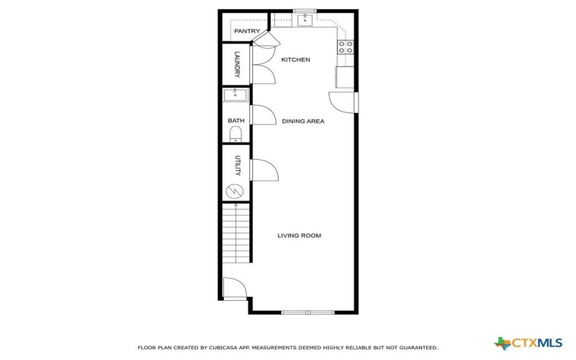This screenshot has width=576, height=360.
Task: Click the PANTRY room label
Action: point(247,31)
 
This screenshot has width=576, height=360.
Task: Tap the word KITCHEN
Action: point(295,60)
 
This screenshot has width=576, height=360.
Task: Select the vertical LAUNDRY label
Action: point(236,65)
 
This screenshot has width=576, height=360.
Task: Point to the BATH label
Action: point(236,121)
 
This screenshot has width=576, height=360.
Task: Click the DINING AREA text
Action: point(302,121)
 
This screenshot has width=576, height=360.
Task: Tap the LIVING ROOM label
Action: point(299,235)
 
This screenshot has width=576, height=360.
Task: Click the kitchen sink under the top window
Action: point(305,19)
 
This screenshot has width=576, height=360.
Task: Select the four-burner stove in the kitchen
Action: point(346,48)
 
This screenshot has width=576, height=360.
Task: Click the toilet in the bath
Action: point(235,134)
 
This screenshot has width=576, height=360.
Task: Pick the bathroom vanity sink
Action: point(235,95)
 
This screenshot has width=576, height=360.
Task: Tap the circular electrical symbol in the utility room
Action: point(235,191)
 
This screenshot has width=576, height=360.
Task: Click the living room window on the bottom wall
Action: point(307,312)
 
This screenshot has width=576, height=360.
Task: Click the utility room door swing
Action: point(264,169)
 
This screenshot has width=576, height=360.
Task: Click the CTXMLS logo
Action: point(530,343)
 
